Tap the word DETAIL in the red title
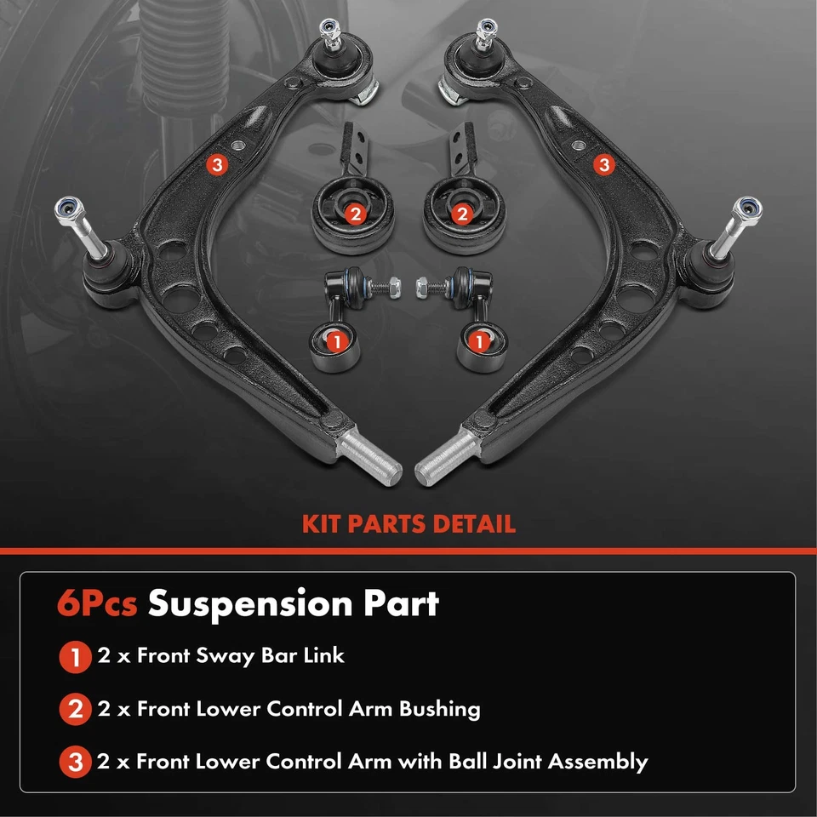(472, 523)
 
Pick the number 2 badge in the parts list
(76, 710)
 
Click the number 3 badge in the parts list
(76, 763)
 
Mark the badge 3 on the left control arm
(217, 165)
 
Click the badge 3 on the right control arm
(604, 165)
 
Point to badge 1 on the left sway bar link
(335, 342)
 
